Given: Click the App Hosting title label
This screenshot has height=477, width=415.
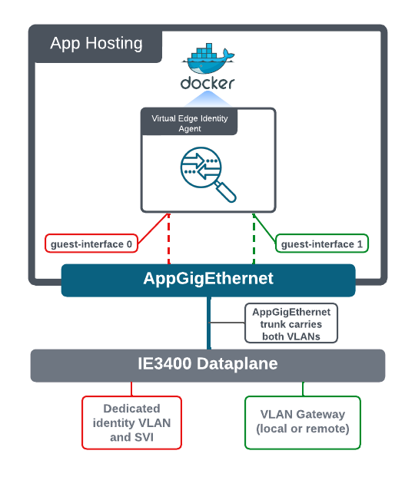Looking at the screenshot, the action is click(x=96, y=43).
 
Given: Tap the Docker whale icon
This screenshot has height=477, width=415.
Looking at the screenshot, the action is click(x=208, y=58).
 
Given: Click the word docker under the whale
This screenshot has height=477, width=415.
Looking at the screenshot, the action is click(x=207, y=83).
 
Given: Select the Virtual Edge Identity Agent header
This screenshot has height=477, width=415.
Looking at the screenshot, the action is click(x=189, y=123).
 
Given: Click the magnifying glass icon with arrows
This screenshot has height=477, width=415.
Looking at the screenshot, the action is click(x=208, y=174).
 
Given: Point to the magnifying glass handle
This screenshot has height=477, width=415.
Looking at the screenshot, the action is click(x=225, y=192).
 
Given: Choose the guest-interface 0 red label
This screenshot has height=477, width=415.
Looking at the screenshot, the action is click(x=91, y=243).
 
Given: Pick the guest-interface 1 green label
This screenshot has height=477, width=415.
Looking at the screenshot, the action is click(x=322, y=243).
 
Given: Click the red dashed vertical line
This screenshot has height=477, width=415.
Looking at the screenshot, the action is click(x=169, y=238).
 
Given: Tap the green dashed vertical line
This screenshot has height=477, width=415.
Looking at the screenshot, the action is click(x=254, y=238).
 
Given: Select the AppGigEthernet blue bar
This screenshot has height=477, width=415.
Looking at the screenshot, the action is click(x=208, y=280).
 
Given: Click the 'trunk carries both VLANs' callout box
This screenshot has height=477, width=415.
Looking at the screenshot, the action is click(x=291, y=323).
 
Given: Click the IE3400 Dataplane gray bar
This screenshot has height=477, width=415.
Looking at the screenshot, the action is click(x=207, y=366).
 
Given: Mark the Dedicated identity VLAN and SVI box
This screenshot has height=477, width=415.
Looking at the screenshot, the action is click(x=132, y=422).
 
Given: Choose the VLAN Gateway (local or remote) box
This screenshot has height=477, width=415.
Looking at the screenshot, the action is click(x=303, y=422).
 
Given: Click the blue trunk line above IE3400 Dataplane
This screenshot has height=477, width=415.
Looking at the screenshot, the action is click(x=209, y=323).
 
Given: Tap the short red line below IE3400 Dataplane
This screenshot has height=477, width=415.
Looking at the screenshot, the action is click(x=131, y=389).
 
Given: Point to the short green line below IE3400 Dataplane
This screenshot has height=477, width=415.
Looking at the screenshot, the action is click(x=303, y=389).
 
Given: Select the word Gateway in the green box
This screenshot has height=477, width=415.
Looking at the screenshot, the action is click(x=320, y=414).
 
